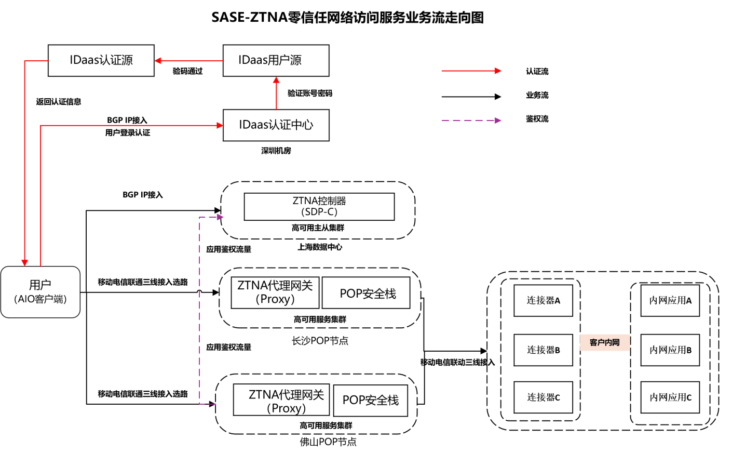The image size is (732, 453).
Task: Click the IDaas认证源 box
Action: point(101,61)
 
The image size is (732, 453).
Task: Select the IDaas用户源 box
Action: point(276,61)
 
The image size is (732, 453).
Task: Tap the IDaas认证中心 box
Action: point(276,125)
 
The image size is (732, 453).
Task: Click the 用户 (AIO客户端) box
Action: point(40,292)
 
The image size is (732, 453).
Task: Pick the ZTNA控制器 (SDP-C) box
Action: point(319,207)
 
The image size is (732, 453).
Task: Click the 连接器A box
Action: point(543,300)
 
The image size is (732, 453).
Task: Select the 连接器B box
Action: point(543,350)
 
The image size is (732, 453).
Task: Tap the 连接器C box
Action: point(543,397)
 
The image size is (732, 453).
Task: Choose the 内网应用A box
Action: point(670,300)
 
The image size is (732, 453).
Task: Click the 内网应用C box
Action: point(670,397)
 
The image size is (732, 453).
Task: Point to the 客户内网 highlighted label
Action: point(604,342)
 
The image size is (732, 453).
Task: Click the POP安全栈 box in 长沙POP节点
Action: point(367,293)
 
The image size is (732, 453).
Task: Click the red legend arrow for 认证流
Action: point(471,71)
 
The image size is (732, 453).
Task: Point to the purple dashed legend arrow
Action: point(471,121)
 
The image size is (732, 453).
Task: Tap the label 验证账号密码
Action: point(310,94)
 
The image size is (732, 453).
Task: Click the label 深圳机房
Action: point(276,151)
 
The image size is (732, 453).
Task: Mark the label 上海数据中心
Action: point(320,247)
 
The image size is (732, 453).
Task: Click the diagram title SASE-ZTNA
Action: point(347,18)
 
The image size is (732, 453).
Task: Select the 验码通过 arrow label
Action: point(187,71)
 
